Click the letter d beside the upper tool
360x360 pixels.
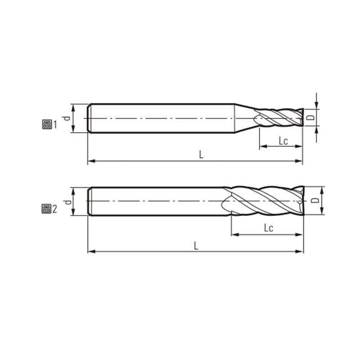(x=67, y=118)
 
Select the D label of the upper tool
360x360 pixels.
(x=310, y=118)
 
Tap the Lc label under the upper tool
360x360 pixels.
(x=283, y=141)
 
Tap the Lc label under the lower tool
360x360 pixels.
(x=269, y=228)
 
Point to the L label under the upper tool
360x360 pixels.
(x=201, y=154)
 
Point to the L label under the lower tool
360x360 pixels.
(x=196, y=245)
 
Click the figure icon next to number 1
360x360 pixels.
(x=46, y=125)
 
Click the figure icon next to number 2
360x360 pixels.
(x=45, y=208)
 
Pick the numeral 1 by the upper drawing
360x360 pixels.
(x=55, y=125)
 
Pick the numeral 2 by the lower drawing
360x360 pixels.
(x=55, y=209)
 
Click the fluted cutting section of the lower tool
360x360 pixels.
(x=265, y=201)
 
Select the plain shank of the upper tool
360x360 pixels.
(x=162, y=118)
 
